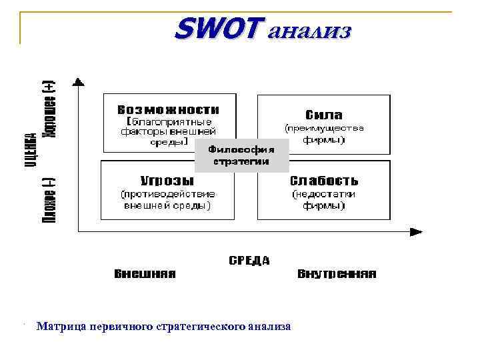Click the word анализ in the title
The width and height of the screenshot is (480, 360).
click(x=308, y=31)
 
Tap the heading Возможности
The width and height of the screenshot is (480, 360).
click(x=167, y=109)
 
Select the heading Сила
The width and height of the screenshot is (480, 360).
click(x=324, y=114)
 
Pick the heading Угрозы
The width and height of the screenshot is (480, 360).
click(x=167, y=181)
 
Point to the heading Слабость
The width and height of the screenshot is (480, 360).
click(x=324, y=181)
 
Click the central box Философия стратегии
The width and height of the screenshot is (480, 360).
click(x=241, y=155)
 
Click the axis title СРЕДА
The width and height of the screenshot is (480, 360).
click(x=249, y=261)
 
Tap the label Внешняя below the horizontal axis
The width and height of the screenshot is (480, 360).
click(x=145, y=274)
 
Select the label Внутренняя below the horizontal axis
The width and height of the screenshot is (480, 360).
click(x=337, y=274)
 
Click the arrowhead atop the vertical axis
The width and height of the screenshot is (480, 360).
click(x=79, y=83)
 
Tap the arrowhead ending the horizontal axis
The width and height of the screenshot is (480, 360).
click(x=416, y=231)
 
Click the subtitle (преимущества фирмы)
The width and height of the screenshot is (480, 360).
click(x=324, y=133)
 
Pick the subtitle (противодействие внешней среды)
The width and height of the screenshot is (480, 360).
click(x=167, y=200)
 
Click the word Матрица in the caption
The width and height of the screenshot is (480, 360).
click(x=60, y=327)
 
